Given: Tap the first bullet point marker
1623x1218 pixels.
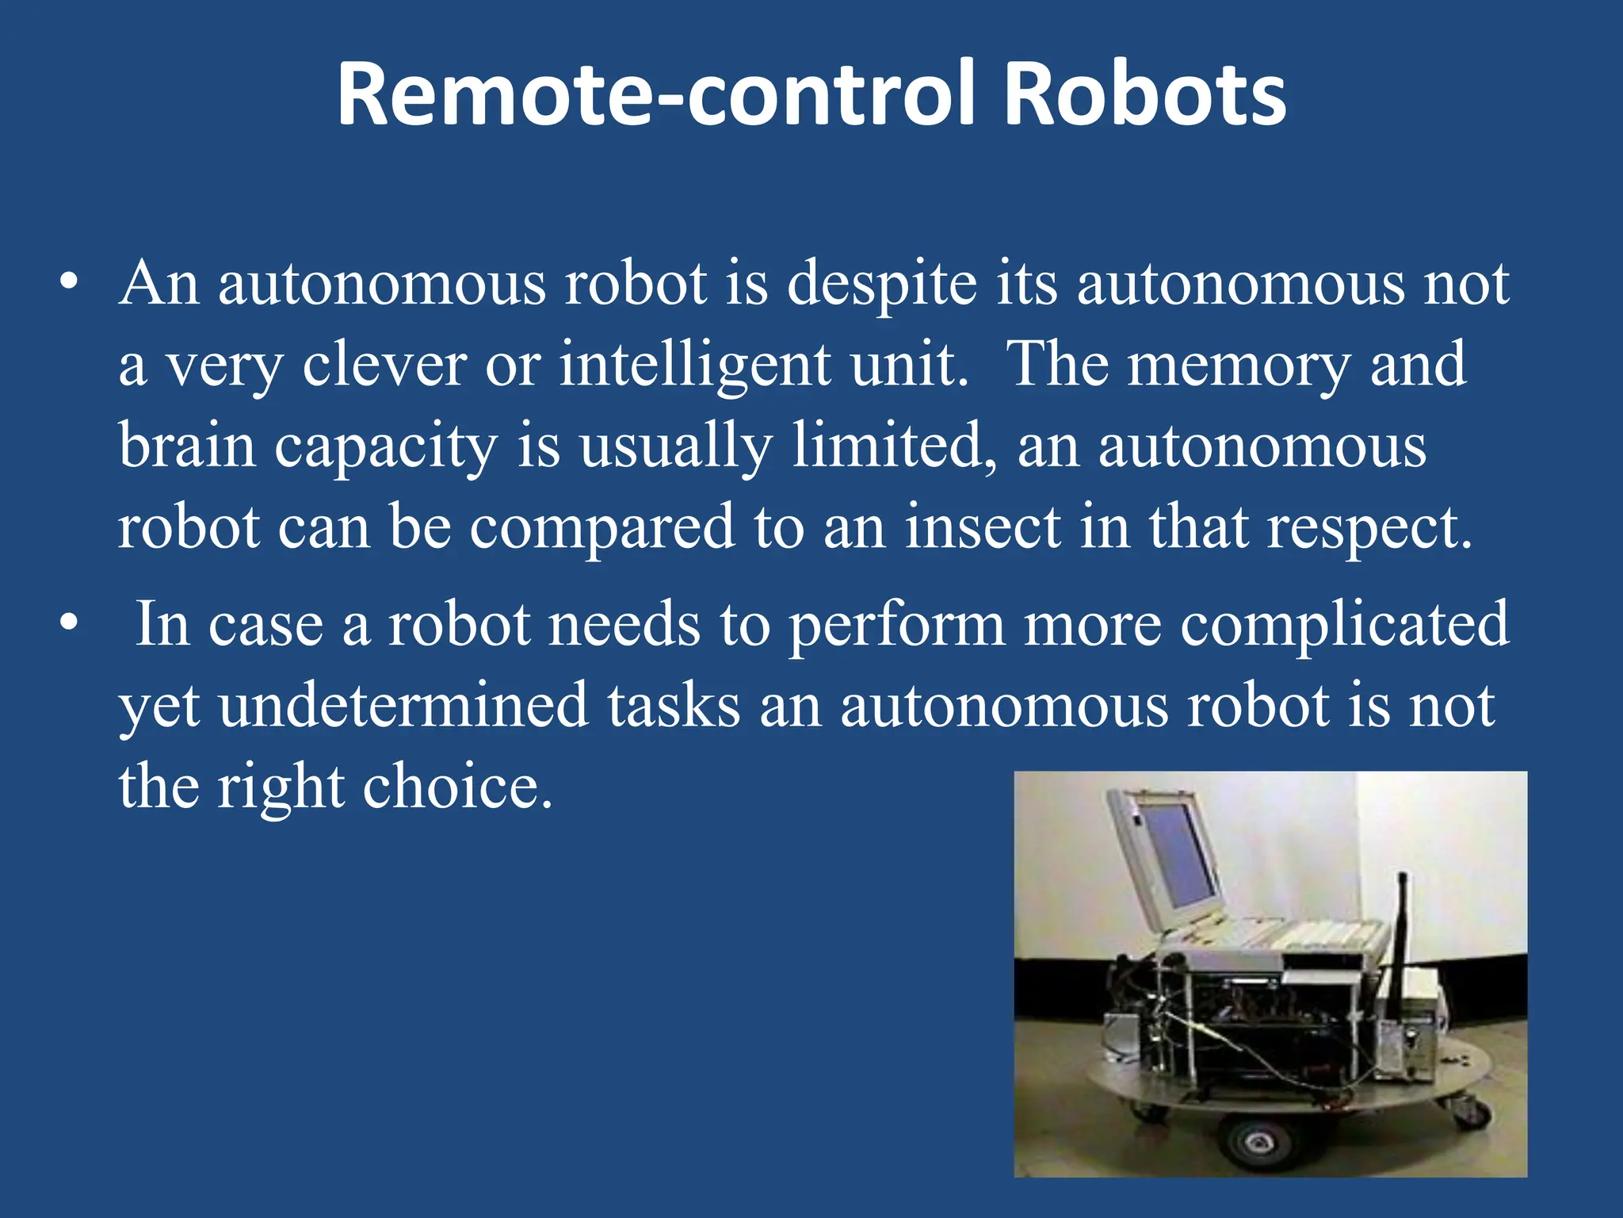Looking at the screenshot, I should pyautogui.click(x=70, y=283).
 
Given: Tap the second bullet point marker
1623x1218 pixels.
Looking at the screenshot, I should pyautogui.click(x=70, y=623).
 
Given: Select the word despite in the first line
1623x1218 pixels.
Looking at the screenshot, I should pyautogui.click(x=881, y=285).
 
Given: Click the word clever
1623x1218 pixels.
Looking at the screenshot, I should pyautogui.click(x=384, y=365).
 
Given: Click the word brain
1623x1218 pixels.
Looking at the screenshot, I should pyautogui.click(x=188, y=446).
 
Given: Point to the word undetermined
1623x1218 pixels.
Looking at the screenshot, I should pyautogui.click(x=403, y=706).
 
